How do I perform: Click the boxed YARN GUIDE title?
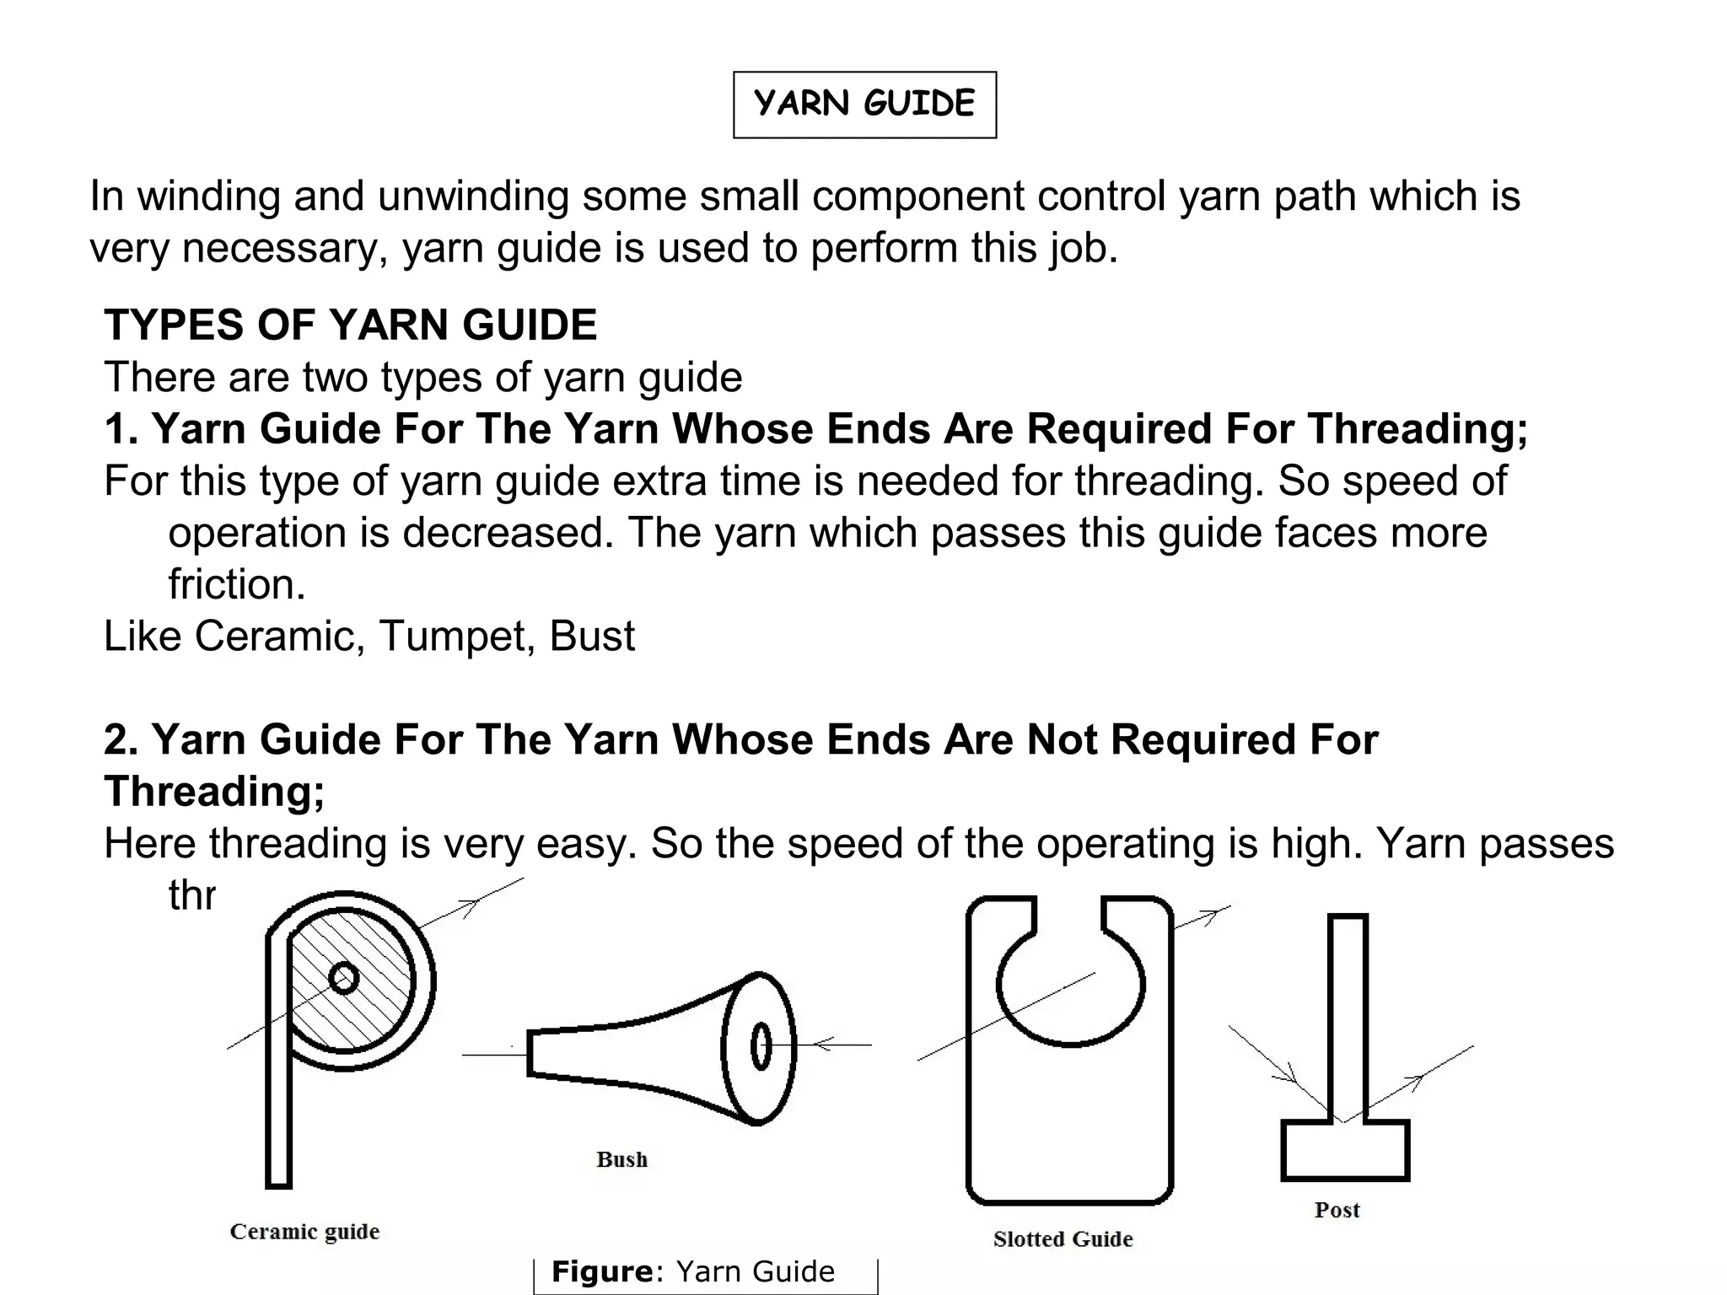(864, 105)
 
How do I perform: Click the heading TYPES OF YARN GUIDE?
(350, 325)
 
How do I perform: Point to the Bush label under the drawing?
(621, 1160)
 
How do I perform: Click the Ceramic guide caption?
(304, 1232)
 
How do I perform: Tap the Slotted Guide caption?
(1063, 1239)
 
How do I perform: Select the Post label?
(1337, 1211)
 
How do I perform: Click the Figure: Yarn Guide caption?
(693, 1271)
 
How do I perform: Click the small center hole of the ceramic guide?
(343, 979)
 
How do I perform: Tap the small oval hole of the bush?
(761, 1047)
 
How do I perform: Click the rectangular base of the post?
(1345, 1152)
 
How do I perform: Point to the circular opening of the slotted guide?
(1070, 982)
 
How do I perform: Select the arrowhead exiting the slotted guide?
(1213, 914)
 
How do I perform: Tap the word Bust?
(592, 637)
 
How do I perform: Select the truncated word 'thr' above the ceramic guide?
(192, 895)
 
